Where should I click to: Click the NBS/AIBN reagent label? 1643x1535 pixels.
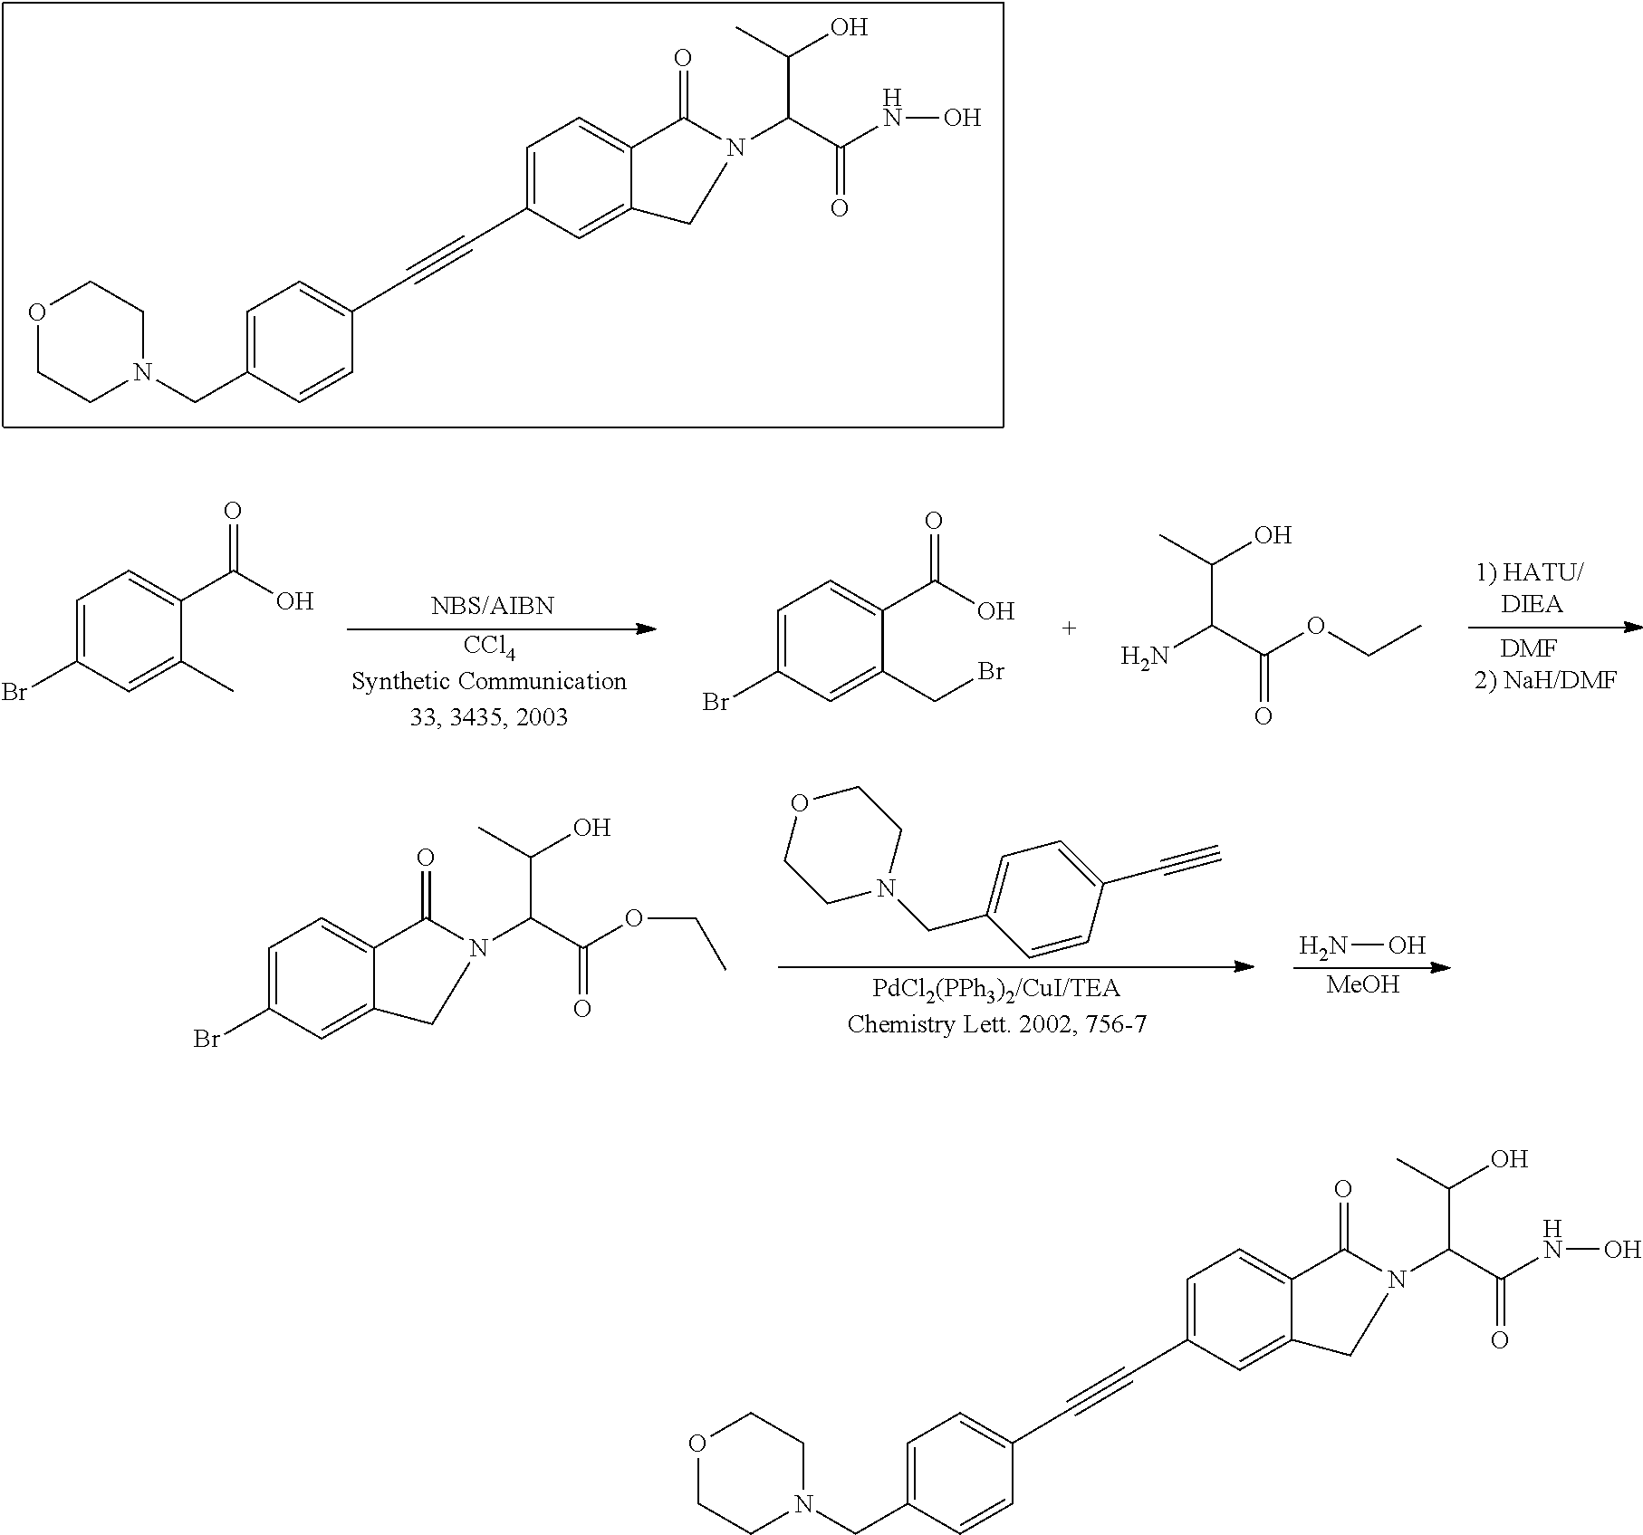(x=492, y=606)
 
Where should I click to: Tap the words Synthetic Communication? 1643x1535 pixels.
(x=489, y=681)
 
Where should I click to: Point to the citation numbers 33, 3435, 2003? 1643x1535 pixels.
(x=488, y=717)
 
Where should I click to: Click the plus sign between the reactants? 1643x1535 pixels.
(x=1069, y=628)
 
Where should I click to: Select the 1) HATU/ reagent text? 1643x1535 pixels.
(x=1531, y=572)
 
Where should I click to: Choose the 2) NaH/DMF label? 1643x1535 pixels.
(x=1545, y=681)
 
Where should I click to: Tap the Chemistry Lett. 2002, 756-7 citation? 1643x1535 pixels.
(x=997, y=1024)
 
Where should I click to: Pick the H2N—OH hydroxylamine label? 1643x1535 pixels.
(x=1362, y=946)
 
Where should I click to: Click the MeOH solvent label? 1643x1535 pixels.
(x=1362, y=984)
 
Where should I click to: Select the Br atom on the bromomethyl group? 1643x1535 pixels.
(x=991, y=672)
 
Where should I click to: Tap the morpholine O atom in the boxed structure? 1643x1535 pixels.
(x=36, y=314)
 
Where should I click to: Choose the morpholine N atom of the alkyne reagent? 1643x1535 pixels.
(x=886, y=889)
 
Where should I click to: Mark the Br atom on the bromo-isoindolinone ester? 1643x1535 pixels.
(x=207, y=1040)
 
